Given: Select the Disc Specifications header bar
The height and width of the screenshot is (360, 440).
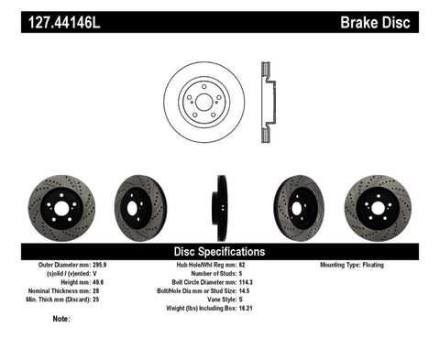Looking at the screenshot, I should pyautogui.click(x=220, y=251).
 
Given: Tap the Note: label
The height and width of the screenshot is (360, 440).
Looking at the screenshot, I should pyautogui.click(x=62, y=319).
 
